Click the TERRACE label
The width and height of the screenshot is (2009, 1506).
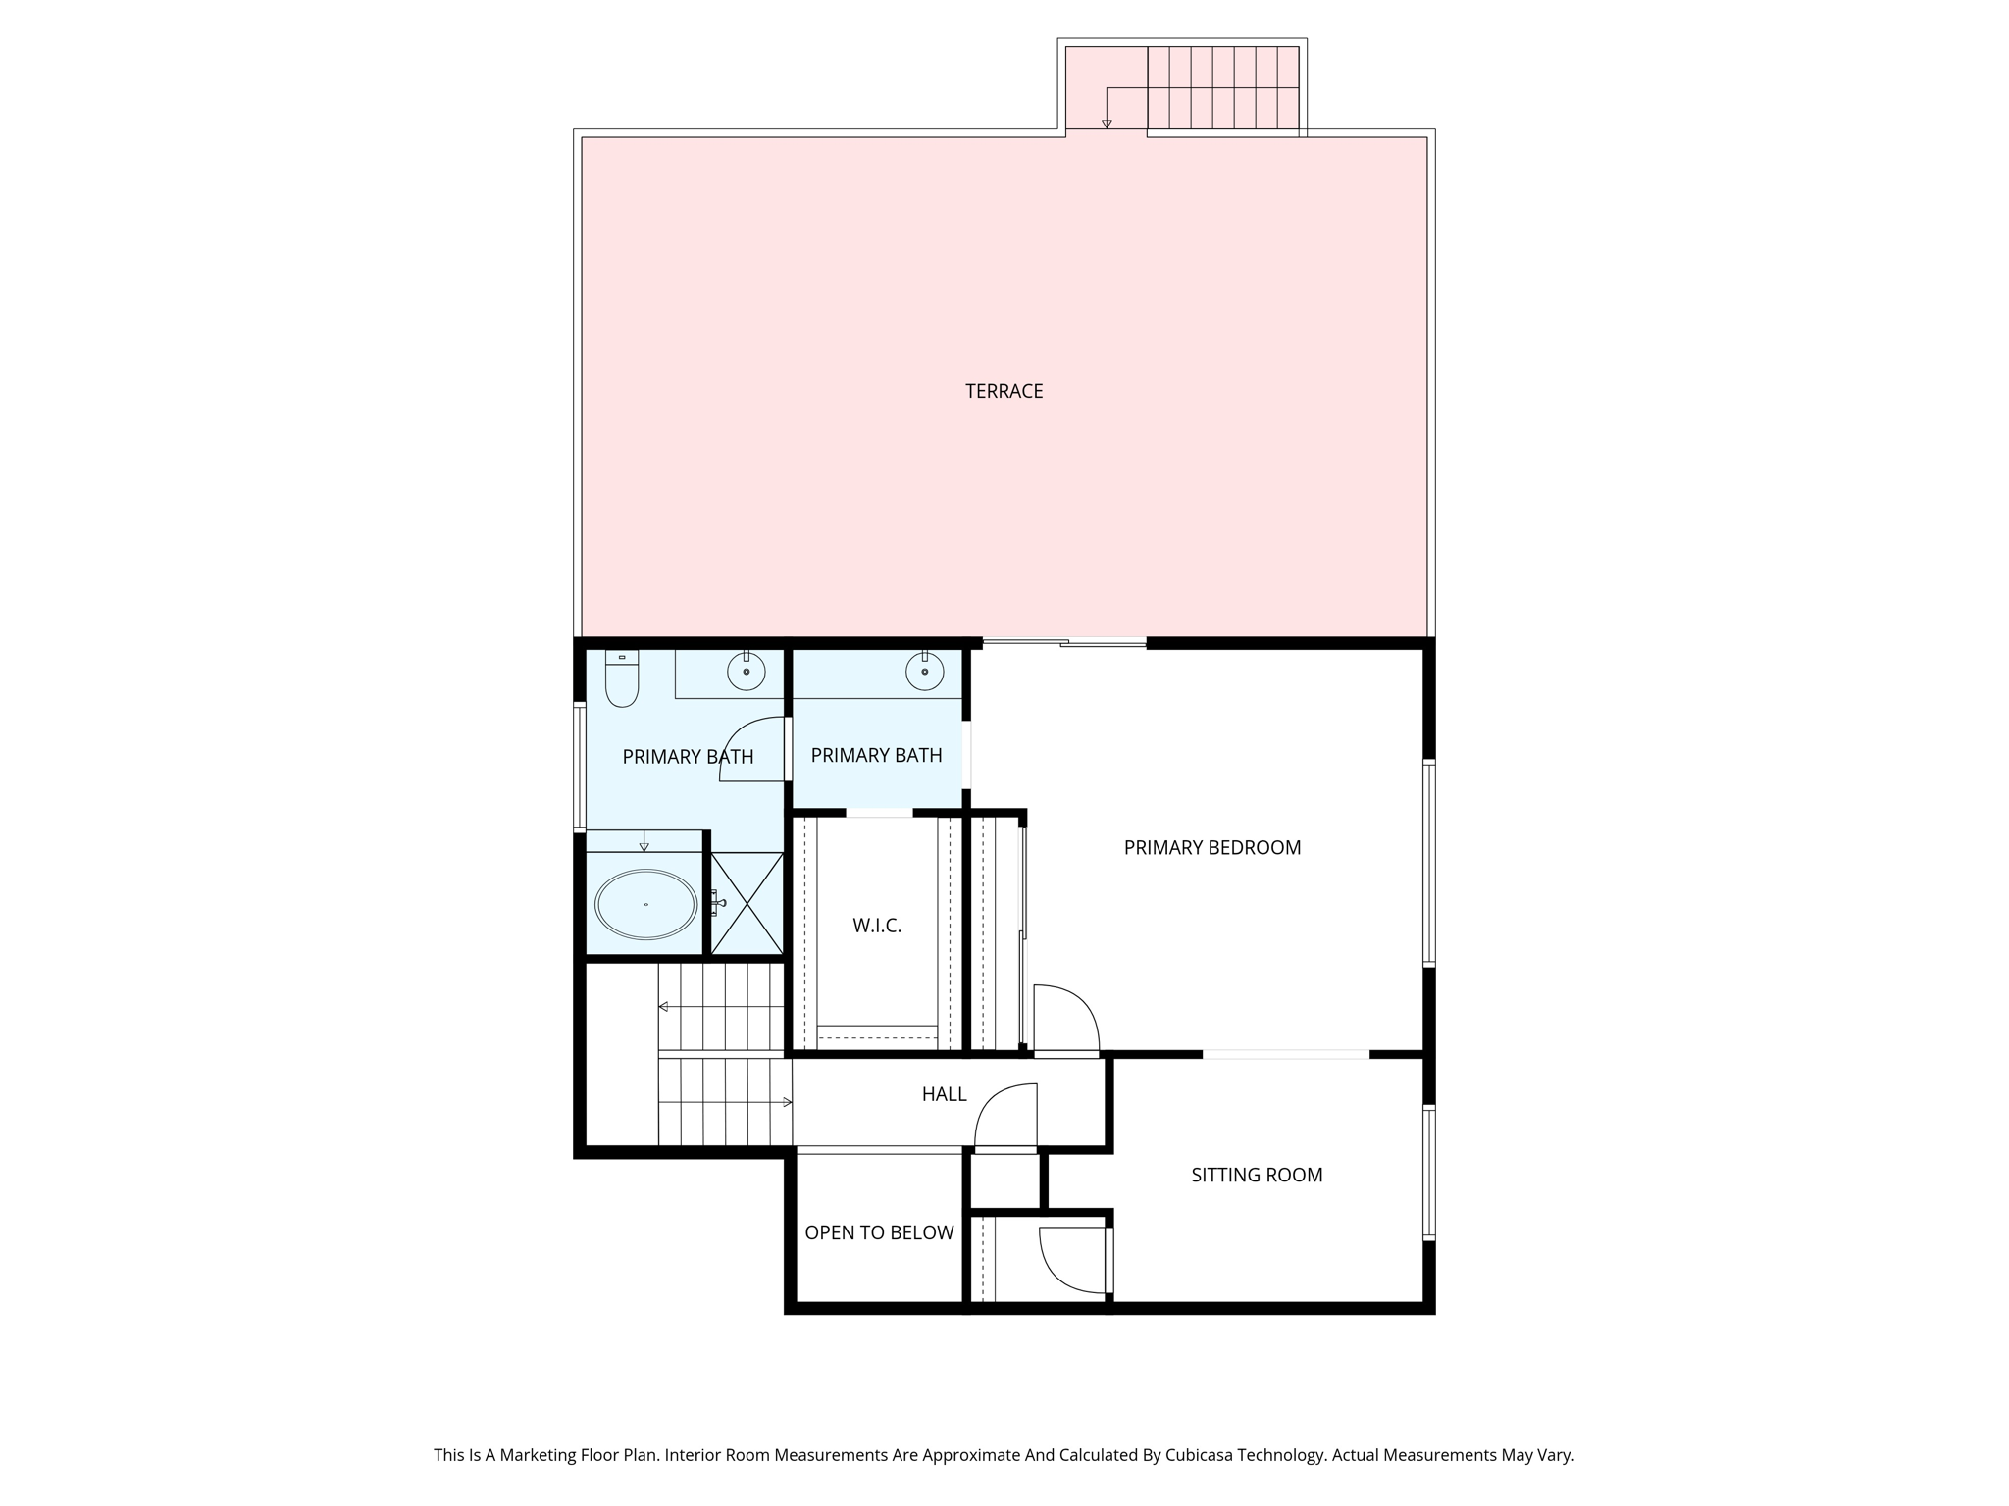coord(1004,391)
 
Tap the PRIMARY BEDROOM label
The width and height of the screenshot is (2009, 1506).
coord(1211,847)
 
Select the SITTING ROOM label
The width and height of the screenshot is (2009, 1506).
coord(1256,1175)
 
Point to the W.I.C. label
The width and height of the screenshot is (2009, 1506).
coord(876,926)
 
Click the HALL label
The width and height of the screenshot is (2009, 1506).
coord(944,1094)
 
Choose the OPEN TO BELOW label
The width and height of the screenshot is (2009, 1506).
coord(879,1232)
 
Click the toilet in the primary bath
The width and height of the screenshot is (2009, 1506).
coord(622,678)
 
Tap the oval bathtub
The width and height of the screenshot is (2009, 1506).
coord(646,904)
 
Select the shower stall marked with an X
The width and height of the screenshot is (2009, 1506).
coord(747,903)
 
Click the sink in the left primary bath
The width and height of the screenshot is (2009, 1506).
coord(746,672)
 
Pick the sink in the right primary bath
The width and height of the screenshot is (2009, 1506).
coord(924,672)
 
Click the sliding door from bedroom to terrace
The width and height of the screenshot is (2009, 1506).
coord(1064,642)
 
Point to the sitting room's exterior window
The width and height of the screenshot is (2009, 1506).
coord(1429,1173)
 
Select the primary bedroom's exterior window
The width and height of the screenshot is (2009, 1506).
coord(1429,863)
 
